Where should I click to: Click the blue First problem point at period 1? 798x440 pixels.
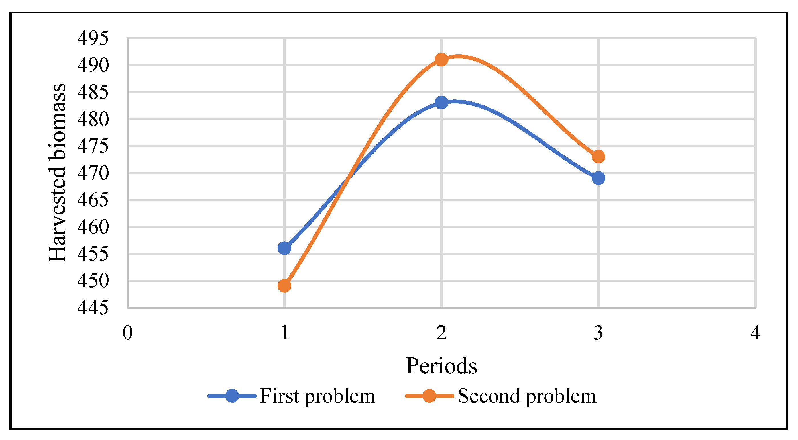pyautogui.click(x=284, y=248)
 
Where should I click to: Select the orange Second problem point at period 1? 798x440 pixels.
pyautogui.click(x=284, y=285)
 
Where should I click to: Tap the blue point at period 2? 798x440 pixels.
pyautogui.click(x=441, y=103)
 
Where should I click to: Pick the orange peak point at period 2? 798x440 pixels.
pyautogui.click(x=441, y=60)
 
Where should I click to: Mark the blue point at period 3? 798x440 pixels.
pyautogui.click(x=598, y=178)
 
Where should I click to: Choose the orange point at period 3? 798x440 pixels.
pyautogui.click(x=598, y=157)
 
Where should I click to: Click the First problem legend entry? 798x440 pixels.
pyautogui.click(x=317, y=396)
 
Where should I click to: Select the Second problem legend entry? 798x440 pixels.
pyautogui.click(x=527, y=396)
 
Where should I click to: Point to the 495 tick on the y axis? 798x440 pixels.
pyautogui.click(x=93, y=38)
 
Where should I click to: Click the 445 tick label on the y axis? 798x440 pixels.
pyautogui.click(x=93, y=308)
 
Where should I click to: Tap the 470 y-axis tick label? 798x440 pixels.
pyautogui.click(x=93, y=173)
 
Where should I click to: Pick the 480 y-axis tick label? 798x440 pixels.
pyautogui.click(x=93, y=119)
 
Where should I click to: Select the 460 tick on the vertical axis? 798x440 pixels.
pyautogui.click(x=93, y=227)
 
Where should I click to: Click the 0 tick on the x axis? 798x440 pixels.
pyautogui.click(x=127, y=333)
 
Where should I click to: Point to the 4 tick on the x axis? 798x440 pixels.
pyautogui.click(x=755, y=333)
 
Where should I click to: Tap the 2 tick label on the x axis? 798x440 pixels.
pyautogui.click(x=441, y=333)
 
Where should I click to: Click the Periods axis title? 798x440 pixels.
pyautogui.click(x=441, y=366)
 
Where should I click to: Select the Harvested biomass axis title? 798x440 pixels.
pyautogui.click(x=57, y=173)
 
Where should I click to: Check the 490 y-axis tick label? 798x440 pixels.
pyautogui.click(x=93, y=65)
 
